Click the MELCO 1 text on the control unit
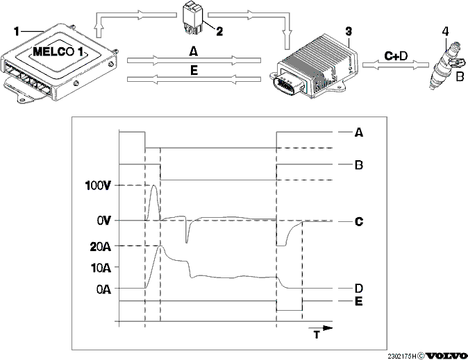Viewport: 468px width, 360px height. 58,51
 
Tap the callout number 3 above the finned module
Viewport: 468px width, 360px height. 349,32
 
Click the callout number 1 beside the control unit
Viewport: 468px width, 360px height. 17,32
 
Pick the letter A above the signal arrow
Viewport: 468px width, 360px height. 194,52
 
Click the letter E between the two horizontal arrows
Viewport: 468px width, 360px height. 194,70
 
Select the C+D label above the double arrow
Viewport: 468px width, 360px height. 396,55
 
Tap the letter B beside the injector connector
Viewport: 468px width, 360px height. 460,77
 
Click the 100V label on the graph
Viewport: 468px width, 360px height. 98,186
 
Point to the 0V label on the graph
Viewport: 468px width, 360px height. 103,221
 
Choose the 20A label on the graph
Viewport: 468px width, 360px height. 100,247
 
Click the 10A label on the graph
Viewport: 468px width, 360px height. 101,268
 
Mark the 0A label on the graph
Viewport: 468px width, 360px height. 103,289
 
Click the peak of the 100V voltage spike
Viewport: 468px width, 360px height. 153,185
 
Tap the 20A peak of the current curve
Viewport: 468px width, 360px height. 160,246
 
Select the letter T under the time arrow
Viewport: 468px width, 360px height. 317,334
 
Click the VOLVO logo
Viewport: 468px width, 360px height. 446,356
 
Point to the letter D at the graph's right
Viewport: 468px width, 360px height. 359,289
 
